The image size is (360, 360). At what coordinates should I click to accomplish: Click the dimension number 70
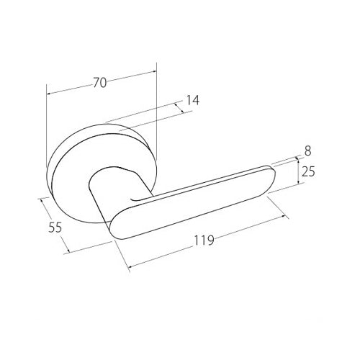tap(100, 83)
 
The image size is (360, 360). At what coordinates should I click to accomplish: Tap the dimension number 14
tap(192, 102)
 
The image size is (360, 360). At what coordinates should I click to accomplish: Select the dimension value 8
tap(307, 150)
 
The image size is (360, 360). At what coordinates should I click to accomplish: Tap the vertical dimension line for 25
tap(296, 173)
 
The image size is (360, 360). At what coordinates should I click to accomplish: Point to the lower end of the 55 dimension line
tap(68, 252)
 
